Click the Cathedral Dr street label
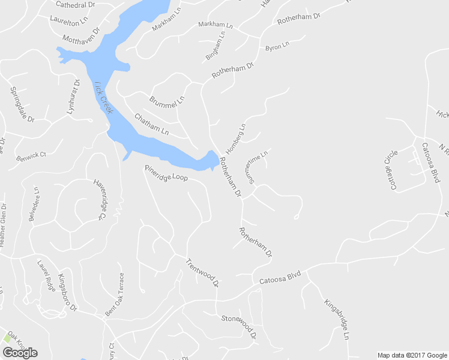(76, 4)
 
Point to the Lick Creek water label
(103, 98)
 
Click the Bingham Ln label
(215, 46)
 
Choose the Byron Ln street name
(277, 46)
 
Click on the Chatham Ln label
(151, 124)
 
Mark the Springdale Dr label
(23, 103)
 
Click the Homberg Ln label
(236, 139)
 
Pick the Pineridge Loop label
(166, 174)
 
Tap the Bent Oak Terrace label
(115, 295)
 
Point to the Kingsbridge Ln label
(337, 320)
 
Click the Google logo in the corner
(20, 353)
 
